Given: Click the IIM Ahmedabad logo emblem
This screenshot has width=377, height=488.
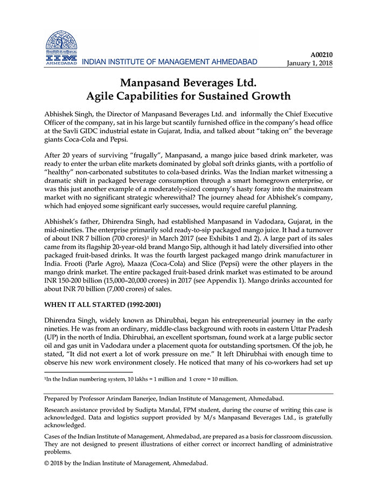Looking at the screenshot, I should [61, 44].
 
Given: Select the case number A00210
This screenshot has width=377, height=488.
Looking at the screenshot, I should [322, 54].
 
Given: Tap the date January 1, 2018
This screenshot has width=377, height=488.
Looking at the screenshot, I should [309, 62].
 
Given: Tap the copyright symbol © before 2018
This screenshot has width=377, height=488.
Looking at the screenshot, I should [46, 462].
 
